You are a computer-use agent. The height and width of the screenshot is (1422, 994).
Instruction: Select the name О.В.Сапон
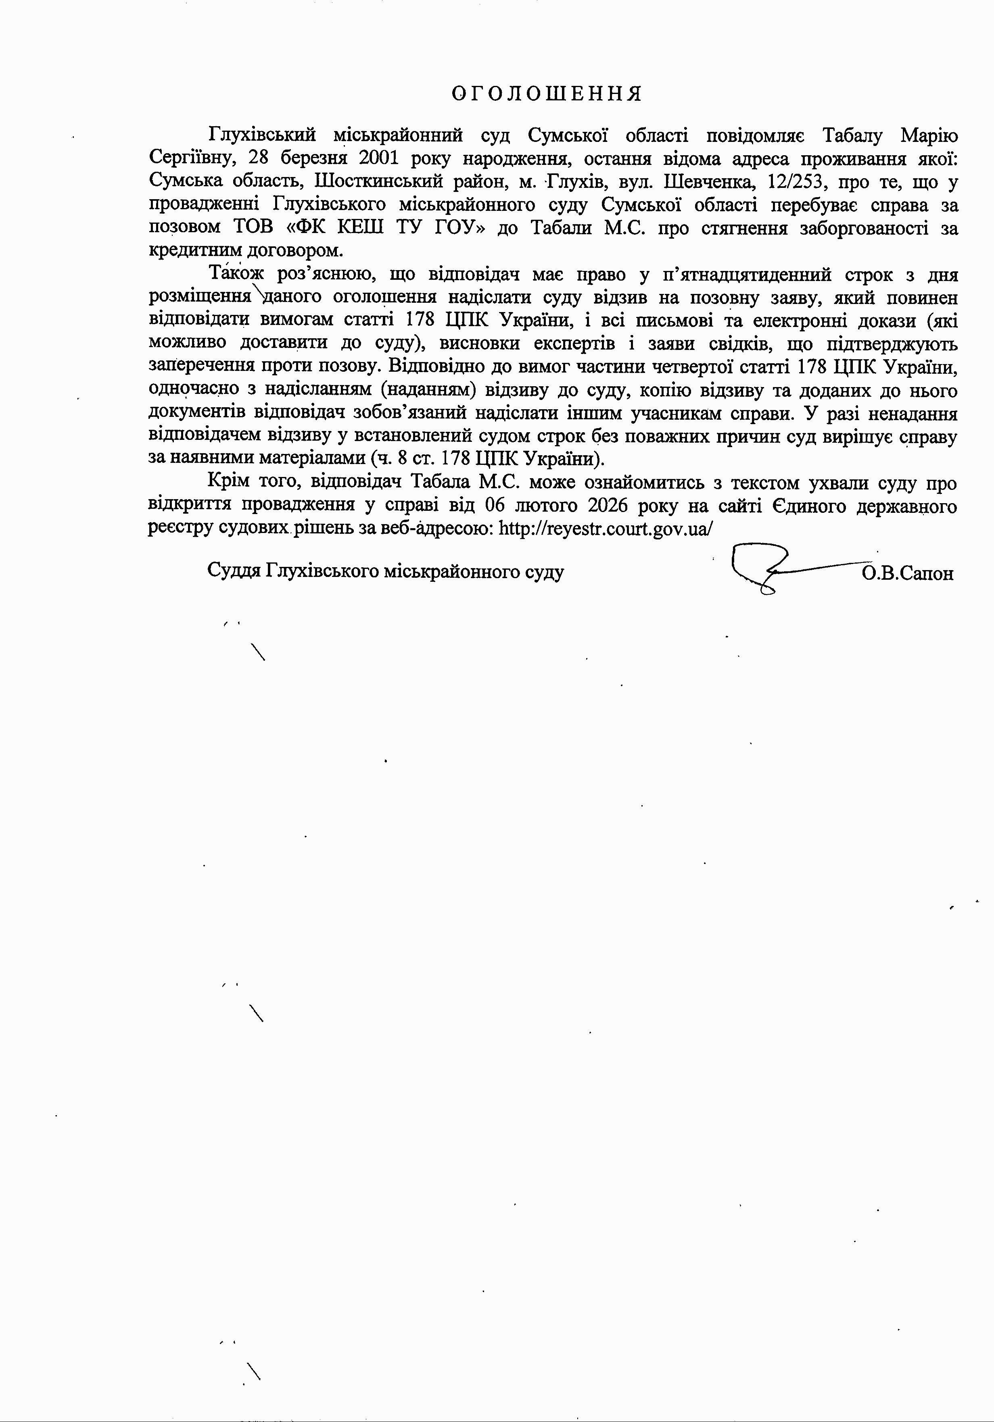tap(906, 573)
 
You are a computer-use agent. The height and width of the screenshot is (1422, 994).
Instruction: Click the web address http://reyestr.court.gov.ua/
tap(606, 528)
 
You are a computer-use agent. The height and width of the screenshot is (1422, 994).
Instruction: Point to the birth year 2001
tap(378, 158)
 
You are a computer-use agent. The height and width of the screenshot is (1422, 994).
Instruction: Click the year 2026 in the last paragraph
tap(610, 505)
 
